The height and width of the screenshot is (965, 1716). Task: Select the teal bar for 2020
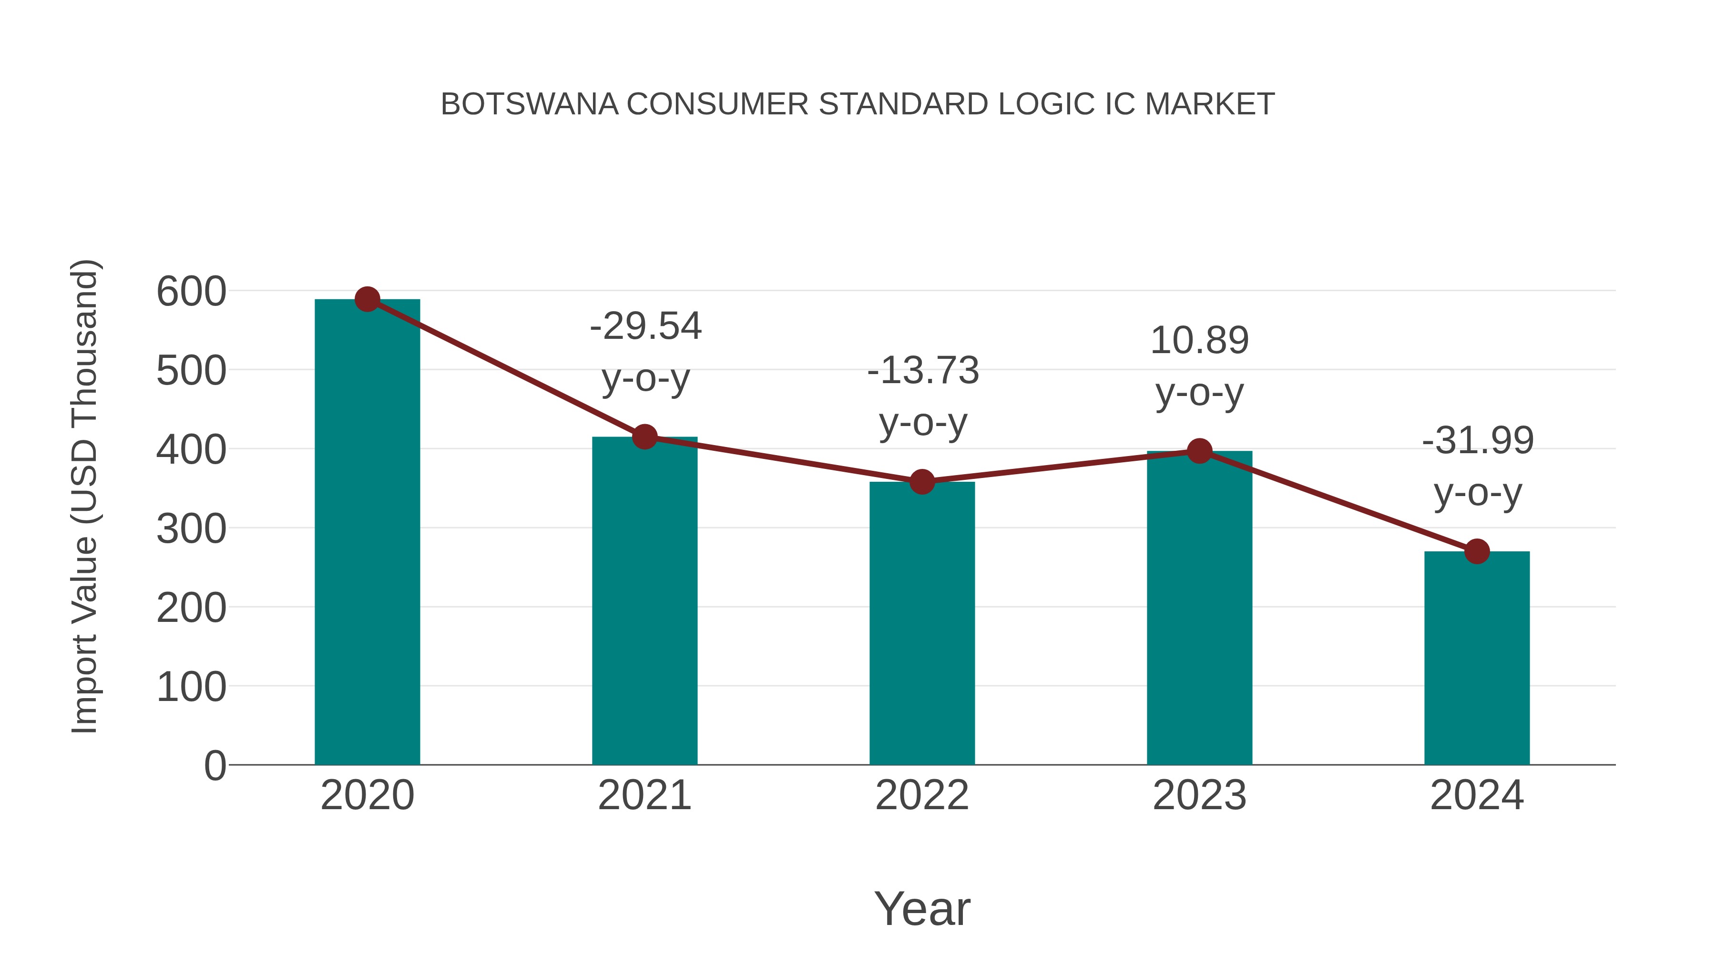[367, 533]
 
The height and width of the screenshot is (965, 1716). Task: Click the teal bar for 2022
[922, 623]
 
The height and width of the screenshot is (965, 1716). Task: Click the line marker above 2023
[1200, 452]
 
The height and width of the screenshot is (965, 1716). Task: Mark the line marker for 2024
[1477, 551]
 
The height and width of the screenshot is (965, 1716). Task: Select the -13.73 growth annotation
[923, 396]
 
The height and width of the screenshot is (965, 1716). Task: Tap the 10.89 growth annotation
[1200, 366]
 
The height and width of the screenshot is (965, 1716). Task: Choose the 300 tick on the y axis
[191, 529]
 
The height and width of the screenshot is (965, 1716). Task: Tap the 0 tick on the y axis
[215, 766]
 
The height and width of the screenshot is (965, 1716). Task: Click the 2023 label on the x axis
[1200, 795]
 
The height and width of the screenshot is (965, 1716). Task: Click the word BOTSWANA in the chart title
[530, 104]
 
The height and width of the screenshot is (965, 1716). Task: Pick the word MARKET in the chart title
[1210, 104]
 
